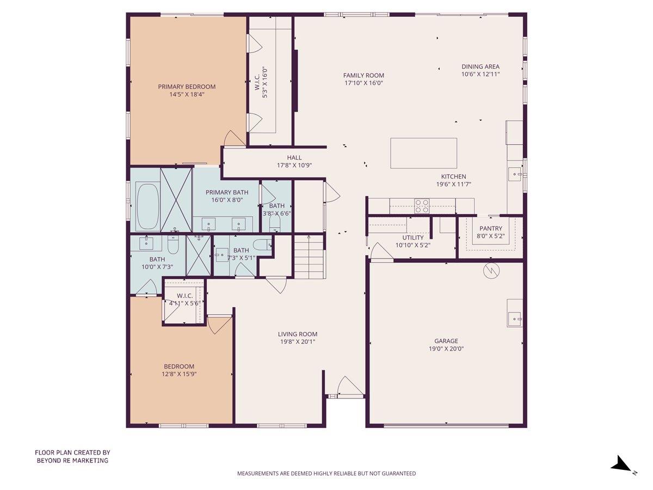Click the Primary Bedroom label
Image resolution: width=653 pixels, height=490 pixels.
click(187, 87)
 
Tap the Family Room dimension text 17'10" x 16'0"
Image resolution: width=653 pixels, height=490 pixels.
click(364, 83)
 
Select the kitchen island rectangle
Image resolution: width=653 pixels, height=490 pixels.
click(423, 153)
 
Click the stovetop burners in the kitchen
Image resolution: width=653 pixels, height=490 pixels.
click(422, 206)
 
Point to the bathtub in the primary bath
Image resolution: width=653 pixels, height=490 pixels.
click(147, 207)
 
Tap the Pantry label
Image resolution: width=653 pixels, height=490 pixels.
click(490, 229)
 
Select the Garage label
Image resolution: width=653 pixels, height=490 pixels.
click(446, 341)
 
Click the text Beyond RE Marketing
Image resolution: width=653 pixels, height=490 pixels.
click(72, 461)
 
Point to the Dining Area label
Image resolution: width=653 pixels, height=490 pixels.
click(480, 67)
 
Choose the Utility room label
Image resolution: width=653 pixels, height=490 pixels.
click(412, 238)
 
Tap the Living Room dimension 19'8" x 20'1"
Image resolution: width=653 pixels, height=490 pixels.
click(297, 342)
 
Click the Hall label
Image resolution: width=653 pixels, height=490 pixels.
click(294, 158)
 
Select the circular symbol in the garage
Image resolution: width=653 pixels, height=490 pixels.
click(491, 271)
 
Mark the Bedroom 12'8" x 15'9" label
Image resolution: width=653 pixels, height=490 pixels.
click(179, 366)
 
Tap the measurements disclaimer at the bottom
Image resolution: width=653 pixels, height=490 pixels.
click(326, 474)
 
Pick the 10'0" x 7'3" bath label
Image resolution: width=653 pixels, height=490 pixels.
click(157, 260)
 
